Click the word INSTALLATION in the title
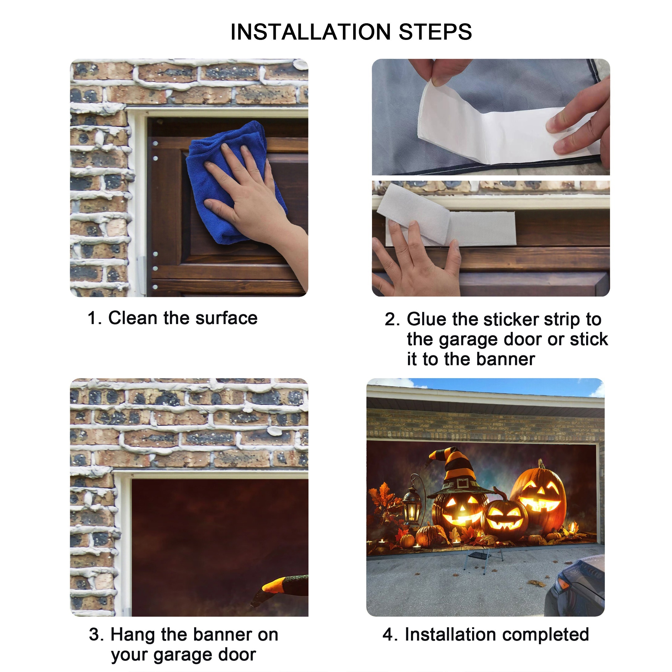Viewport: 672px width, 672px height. [x=311, y=32]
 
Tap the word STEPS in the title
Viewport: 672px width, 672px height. [x=435, y=32]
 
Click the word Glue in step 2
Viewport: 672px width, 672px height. [x=426, y=319]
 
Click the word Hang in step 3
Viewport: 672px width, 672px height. [x=132, y=635]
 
